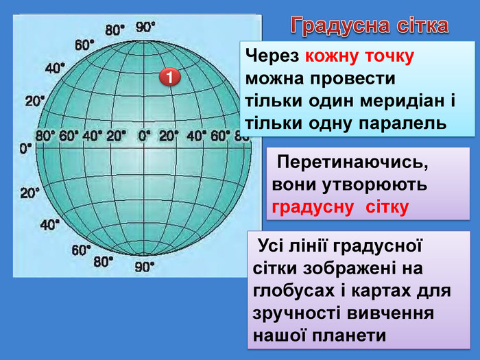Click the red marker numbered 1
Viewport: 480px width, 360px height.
[x=170, y=77]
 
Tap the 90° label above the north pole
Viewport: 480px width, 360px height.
[x=145, y=27]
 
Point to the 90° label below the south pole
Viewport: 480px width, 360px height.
[x=145, y=267]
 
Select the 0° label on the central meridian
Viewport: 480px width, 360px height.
[x=144, y=136]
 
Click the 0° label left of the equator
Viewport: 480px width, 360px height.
[x=26, y=149]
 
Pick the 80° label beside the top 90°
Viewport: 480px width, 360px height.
[x=115, y=30]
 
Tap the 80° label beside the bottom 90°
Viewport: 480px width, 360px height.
[x=103, y=262]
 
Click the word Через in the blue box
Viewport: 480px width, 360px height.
[x=272, y=57]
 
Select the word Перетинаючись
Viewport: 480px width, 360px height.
[x=352, y=163]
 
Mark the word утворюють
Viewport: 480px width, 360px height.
[x=374, y=185]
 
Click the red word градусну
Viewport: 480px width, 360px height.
[x=313, y=208]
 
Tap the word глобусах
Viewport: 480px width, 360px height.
[x=294, y=291]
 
